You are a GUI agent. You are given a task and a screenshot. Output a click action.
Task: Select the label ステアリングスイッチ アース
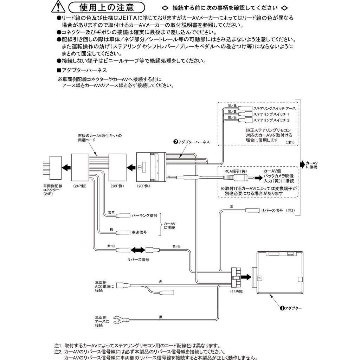pyautogui.click(x=274, y=108)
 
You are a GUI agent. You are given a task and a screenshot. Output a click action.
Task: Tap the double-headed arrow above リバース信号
pyautogui.click(x=137, y=250)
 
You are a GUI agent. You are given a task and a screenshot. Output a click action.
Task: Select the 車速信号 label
pyautogui.click(x=139, y=232)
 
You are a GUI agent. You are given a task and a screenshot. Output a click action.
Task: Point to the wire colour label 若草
pyautogui.click(x=111, y=212)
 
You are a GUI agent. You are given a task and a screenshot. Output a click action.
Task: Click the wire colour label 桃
pyautogui.click(x=111, y=229)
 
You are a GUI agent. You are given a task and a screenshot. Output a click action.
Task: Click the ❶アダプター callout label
pyautogui.click(x=291, y=308)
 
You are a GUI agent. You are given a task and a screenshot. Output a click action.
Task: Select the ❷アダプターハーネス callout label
pyautogui.click(x=191, y=142)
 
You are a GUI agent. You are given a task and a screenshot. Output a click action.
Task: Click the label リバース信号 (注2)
pyautogui.click(x=277, y=210)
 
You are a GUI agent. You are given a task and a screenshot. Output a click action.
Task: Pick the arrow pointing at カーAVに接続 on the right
pyautogui.click(x=302, y=163)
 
